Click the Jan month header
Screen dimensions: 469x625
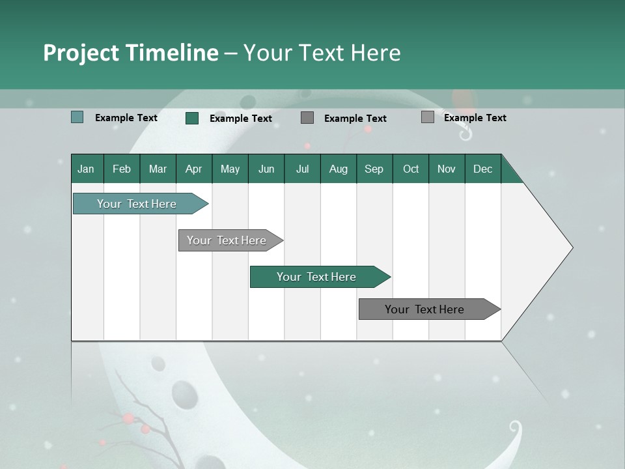[x=86, y=169]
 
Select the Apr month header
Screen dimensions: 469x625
[x=193, y=169]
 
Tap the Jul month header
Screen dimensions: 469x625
[x=302, y=169]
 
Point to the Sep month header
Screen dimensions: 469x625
[x=374, y=169]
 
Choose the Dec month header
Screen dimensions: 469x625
[x=482, y=169]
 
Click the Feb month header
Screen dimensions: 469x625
[x=122, y=169]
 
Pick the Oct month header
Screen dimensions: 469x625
[x=411, y=169]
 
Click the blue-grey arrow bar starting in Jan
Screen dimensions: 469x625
[x=137, y=204]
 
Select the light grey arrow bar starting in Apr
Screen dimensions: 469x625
[x=227, y=240]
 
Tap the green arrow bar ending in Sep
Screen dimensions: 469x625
[x=316, y=277]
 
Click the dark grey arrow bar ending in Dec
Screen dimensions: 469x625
[x=424, y=309]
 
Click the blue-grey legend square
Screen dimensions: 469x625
[x=77, y=117]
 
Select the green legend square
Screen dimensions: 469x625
[x=192, y=118]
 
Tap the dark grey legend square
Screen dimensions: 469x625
[x=307, y=117]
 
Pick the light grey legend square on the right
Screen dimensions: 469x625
[x=427, y=117]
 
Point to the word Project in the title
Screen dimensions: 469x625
[x=80, y=53]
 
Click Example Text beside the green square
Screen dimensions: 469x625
[x=240, y=118]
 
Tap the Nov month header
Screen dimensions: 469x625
[x=447, y=169]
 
